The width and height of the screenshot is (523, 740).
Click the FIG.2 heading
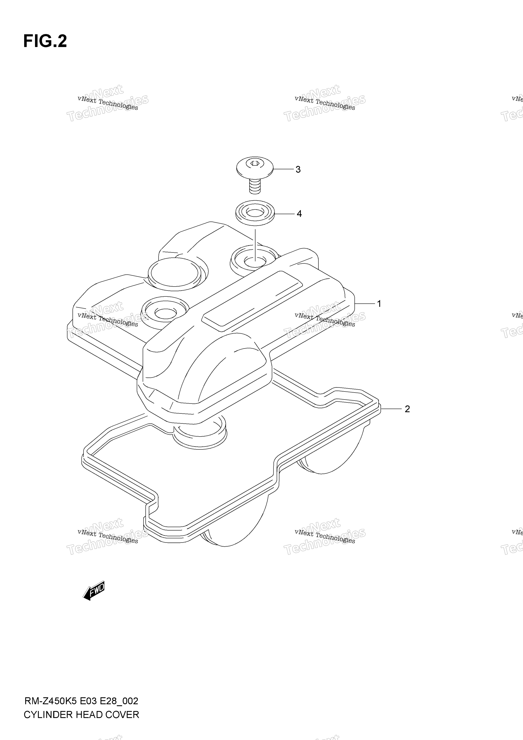45,41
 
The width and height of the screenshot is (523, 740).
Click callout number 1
379,304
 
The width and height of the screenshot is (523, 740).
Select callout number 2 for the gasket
407,409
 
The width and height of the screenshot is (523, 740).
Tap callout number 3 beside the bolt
298,169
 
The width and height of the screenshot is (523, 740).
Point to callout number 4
299,214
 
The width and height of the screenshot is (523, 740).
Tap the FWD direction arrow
94,590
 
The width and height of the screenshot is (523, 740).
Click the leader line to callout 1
365,304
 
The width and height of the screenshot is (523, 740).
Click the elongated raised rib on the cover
252,301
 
